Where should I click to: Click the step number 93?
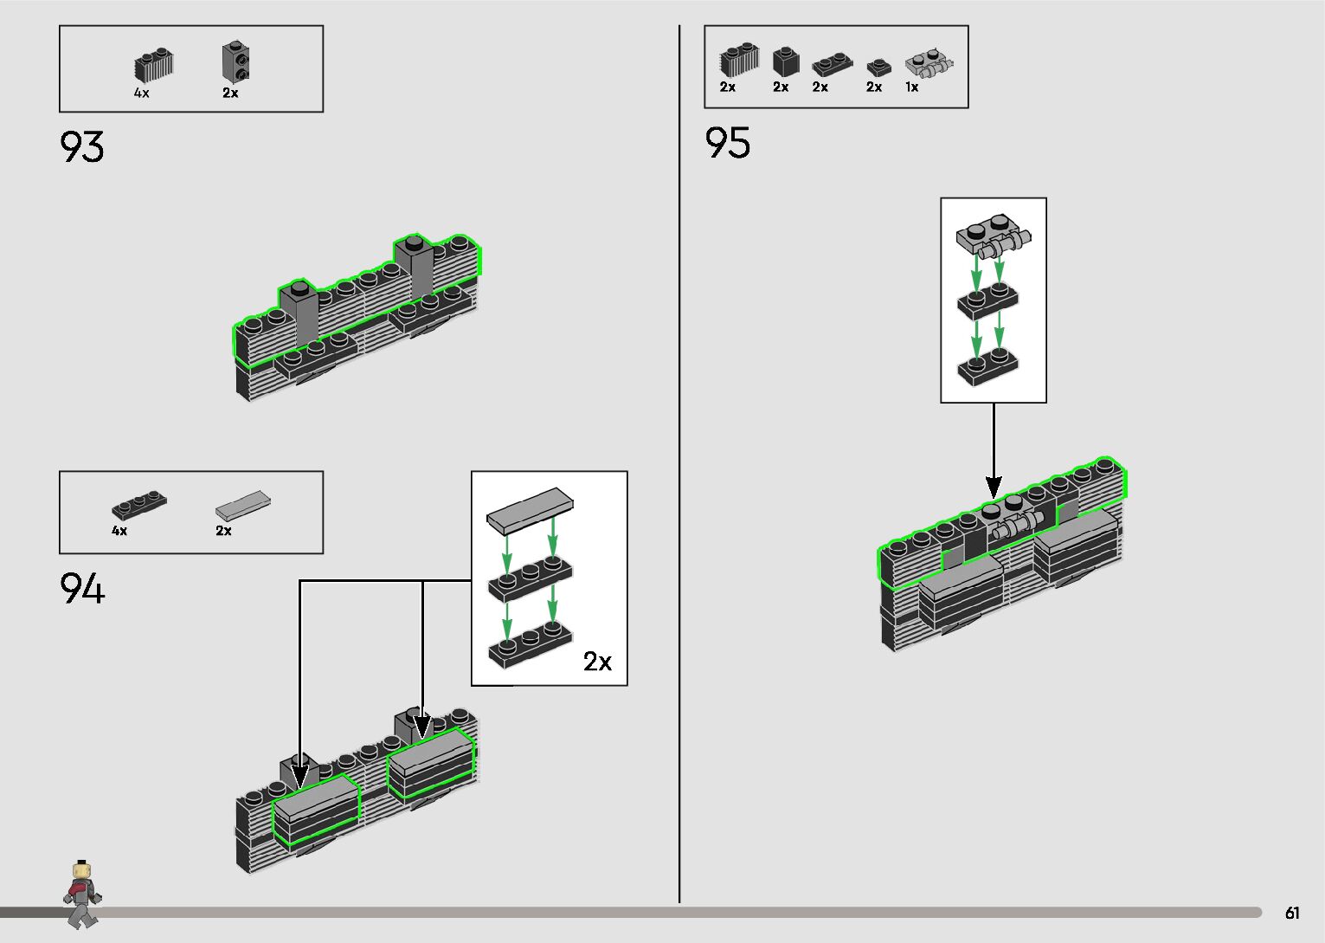82,146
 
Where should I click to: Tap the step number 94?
82,589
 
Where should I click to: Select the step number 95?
728,143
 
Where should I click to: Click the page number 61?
1292,913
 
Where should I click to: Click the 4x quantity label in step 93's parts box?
141,93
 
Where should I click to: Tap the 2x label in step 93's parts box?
230,93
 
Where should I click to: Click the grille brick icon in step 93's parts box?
154,65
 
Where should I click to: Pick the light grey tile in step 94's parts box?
242,503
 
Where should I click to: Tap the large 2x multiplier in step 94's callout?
597,662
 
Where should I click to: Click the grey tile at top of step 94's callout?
530,508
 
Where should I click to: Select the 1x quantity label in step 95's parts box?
912,87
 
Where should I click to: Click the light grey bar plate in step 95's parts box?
929,64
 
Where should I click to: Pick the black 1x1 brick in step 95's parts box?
785,61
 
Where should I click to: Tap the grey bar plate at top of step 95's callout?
993,236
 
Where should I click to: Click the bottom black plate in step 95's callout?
987,368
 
